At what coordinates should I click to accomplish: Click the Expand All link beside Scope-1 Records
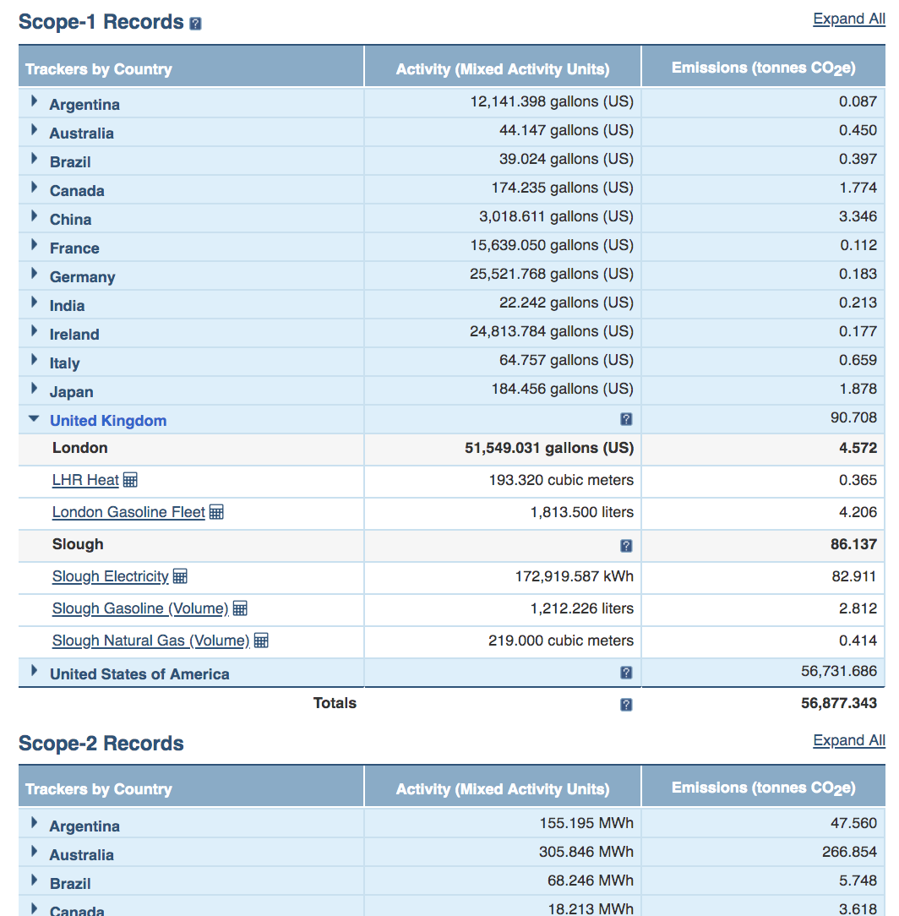coord(849,19)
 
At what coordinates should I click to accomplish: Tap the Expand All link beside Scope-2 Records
coord(849,740)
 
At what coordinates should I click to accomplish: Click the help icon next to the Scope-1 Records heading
coord(196,24)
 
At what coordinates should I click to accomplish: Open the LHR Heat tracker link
coord(85,480)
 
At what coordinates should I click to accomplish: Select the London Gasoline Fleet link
coord(128,512)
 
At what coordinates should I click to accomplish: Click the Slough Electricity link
coord(111,576)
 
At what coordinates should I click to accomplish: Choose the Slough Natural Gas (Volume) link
coord(150,641)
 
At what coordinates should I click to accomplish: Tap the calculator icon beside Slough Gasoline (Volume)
coord(240,608)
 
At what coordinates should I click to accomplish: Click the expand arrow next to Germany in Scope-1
coord(34,274)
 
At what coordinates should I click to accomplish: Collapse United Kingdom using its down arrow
coord(34,418)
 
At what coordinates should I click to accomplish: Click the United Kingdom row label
coord(108,421)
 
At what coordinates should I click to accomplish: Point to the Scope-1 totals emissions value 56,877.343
coord(839,703)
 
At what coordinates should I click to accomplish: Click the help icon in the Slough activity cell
coord(626,546)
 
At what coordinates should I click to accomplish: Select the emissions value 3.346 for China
coord(858,216)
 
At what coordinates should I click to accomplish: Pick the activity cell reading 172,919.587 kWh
coord(575,576)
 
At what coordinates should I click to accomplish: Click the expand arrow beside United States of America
coord(34,671)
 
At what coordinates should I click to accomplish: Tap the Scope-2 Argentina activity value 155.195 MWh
coord(586,823)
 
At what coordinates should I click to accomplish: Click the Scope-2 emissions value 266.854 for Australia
coord(849,852)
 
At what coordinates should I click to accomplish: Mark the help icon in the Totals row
coord(626,705)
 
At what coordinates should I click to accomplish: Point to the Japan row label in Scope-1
coord(71,392)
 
